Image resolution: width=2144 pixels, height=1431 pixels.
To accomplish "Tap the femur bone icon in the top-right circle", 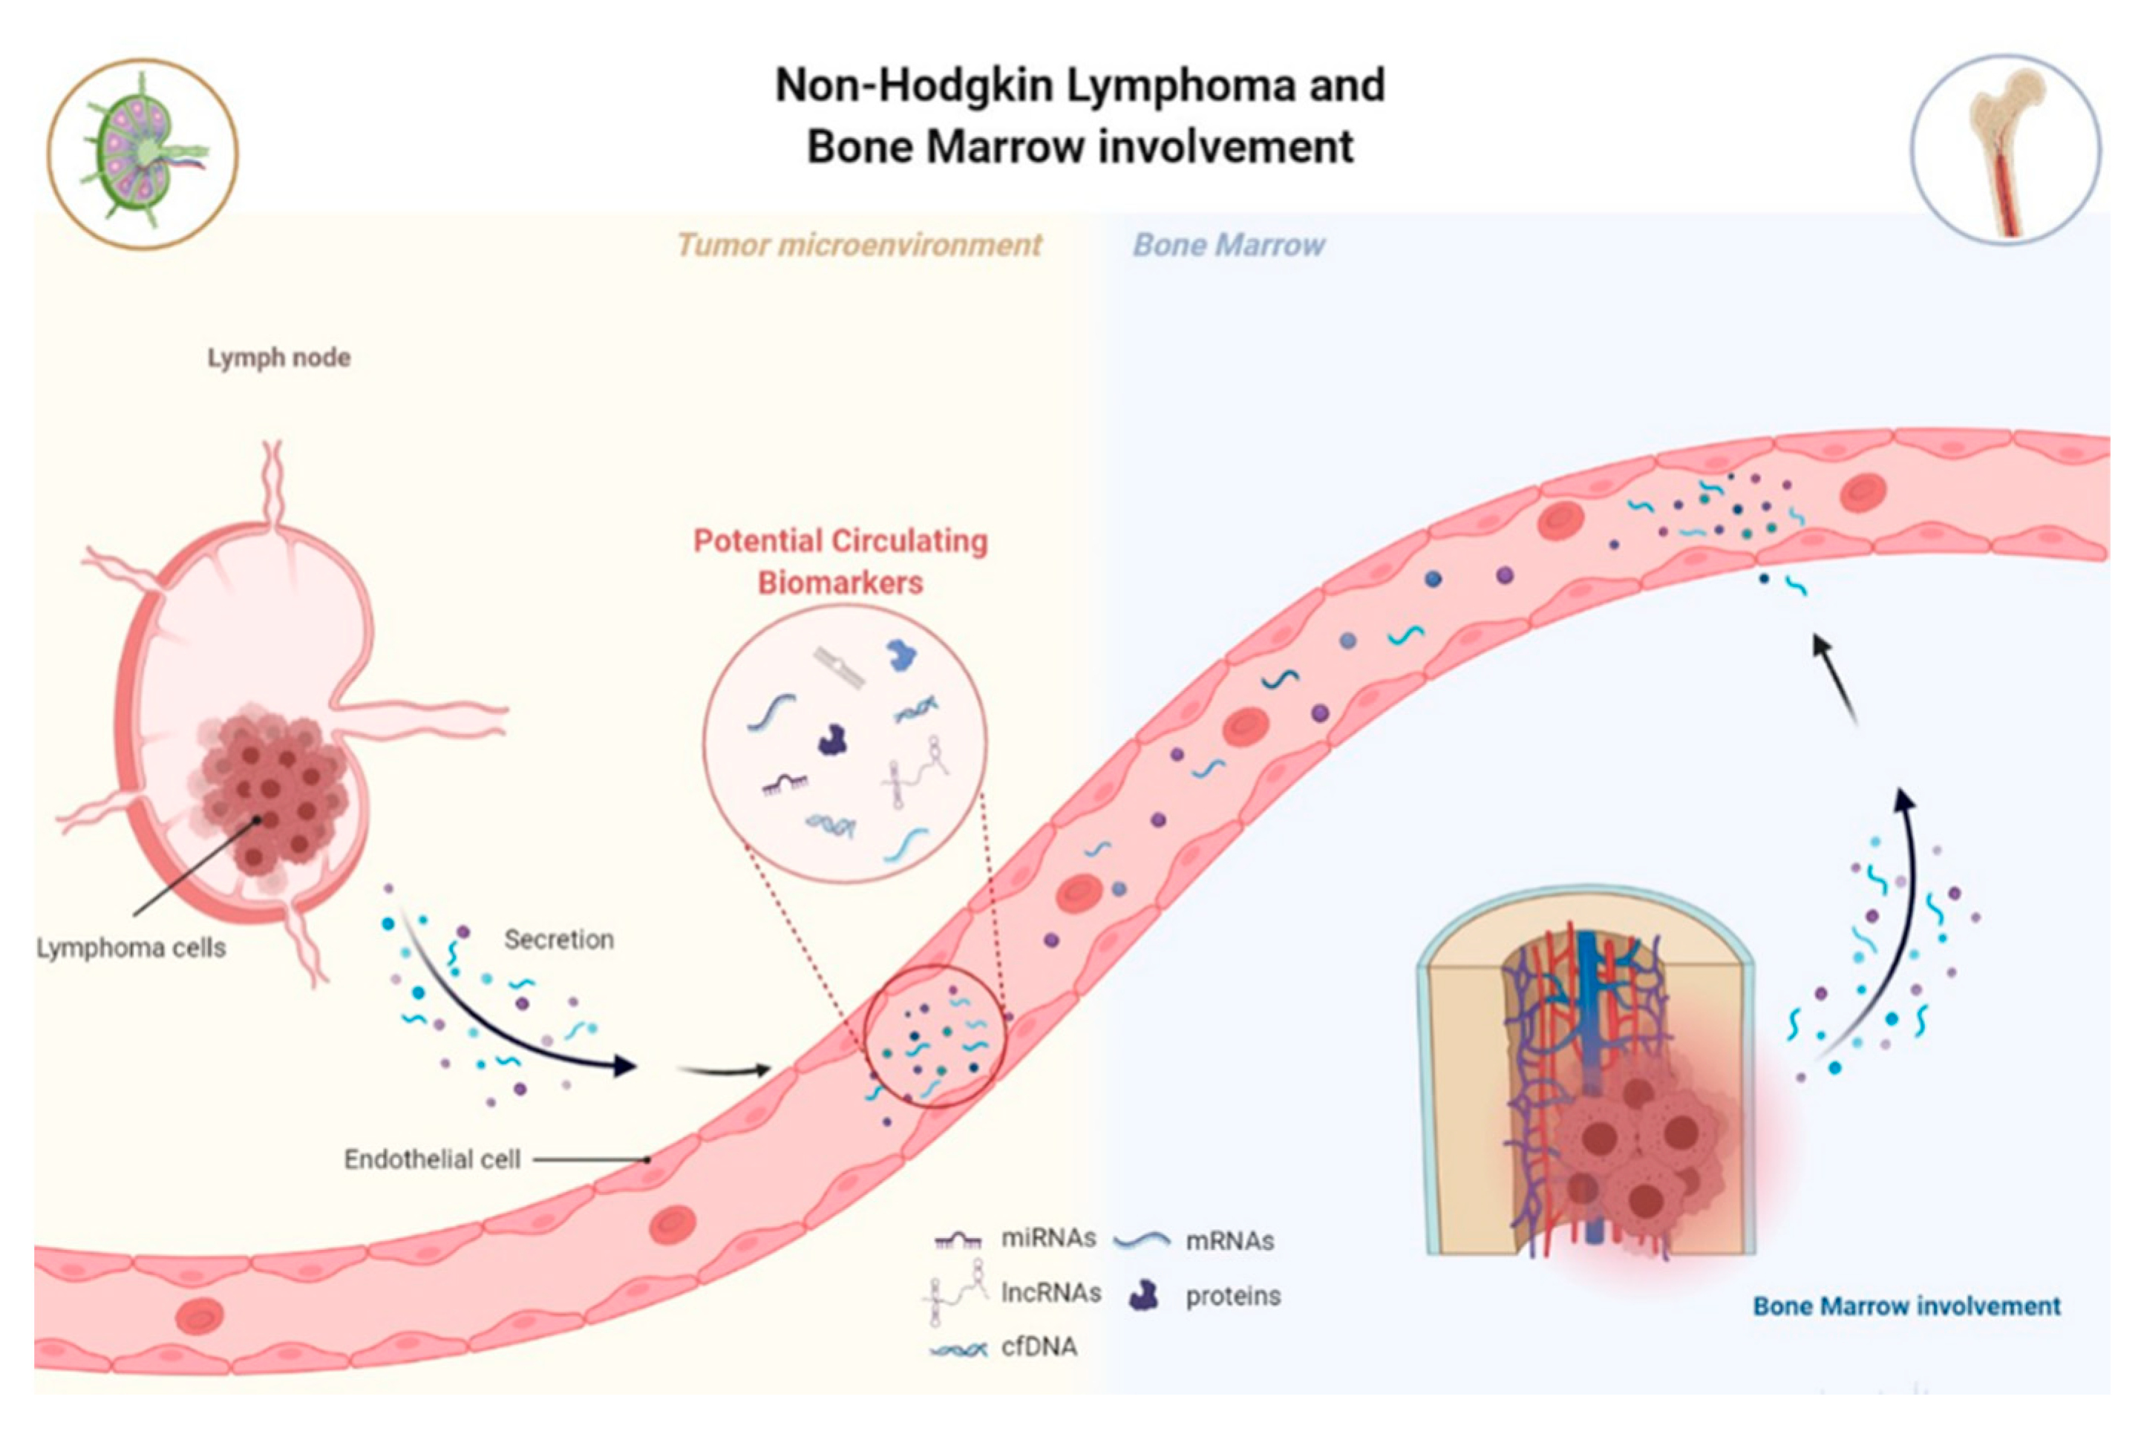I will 2005,148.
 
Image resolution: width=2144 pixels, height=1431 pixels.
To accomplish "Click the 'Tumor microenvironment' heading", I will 859,245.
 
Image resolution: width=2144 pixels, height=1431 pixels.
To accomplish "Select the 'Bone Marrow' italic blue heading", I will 1229,245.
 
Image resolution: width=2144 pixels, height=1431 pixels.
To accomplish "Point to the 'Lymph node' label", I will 278,358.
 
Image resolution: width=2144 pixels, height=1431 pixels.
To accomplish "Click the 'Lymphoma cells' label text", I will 131,949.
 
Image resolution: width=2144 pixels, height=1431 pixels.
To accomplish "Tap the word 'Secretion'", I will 558,939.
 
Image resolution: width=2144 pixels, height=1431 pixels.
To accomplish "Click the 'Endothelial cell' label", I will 432,1159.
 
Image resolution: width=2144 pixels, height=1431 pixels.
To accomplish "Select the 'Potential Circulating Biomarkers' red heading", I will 840,560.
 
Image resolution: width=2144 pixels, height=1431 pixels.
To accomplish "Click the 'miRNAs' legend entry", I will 1048,1239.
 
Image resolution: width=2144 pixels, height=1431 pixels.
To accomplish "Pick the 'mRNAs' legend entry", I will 1229,1241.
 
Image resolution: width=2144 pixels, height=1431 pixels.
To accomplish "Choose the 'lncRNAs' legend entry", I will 1050,1292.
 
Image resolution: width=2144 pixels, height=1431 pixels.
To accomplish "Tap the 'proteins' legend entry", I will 1232,1296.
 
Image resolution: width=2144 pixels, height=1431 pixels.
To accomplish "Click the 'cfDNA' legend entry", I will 1039,1346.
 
